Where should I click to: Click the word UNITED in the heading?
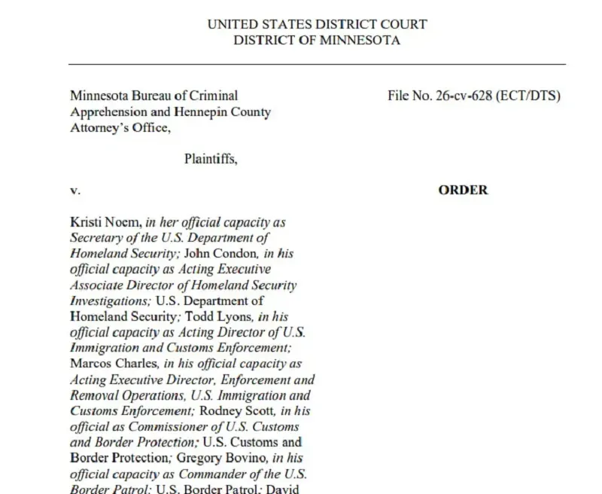pyautogui.click(x=233, y=24)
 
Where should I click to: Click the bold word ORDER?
pyautogui.click(x=463, y=191)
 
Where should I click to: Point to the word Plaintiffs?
pyautogui.click(x=211, y=159)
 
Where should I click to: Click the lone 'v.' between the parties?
pyautogui.click(x=75, y=191)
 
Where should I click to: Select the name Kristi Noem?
pyautogui.click(x=105, y=223)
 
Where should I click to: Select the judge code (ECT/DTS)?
pyautogui.click(x=528, y=96)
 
